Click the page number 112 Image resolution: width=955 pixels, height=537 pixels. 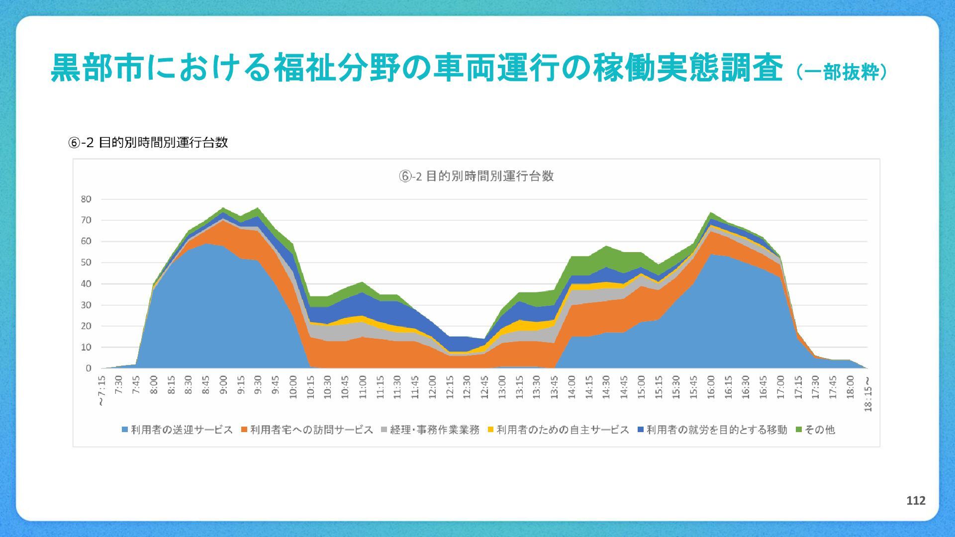click(x=916, y=501)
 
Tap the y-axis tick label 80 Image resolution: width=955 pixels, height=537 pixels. click(x=86, y=199)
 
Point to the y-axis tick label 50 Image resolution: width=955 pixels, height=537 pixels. click(x=86, y=263)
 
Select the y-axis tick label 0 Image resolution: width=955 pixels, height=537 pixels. click(x=89, y=368)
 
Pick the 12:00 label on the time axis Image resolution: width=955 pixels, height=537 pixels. click(x=432, y=387)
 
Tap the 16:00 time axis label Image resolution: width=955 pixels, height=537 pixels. click(x=711, y=387)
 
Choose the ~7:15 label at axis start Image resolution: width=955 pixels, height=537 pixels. click(x=101, y=391)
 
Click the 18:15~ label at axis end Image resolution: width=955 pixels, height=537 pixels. click(x=868, y=393)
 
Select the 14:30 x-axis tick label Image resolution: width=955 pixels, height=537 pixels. click(x=606, y=387)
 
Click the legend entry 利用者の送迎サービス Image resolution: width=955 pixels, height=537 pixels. click(x=177, y=430)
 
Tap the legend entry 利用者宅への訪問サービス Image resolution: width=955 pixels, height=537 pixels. click(x=307, y=430)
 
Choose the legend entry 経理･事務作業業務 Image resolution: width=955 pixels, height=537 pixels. click(x=430, y=430)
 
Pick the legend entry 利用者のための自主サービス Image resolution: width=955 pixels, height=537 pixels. click(x=558, y=430)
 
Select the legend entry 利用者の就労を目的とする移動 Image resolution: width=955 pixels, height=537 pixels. click(x=712, y=430)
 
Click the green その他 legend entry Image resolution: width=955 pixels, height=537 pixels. click(x=815, y=430)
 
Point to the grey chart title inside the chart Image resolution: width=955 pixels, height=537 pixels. click(x=476, y=176)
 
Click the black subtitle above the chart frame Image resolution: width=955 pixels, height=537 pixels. click(x=148, y=143)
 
